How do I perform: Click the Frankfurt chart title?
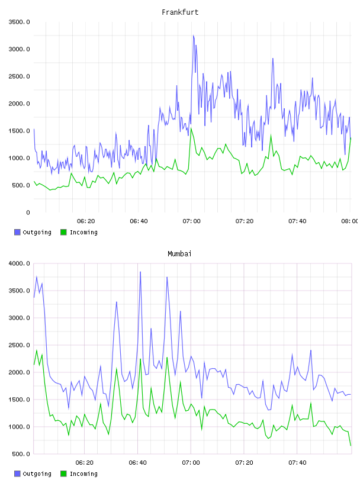point(180,12)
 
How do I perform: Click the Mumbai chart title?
point(179,254)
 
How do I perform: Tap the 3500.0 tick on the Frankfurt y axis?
point(19,22)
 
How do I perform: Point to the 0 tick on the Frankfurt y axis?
point(28,212)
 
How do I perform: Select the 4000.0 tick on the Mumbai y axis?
point(19,263)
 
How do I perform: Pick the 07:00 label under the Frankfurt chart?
point(191,221)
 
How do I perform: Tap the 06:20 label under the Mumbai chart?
point(85,463)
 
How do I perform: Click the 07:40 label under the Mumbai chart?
point(297,463)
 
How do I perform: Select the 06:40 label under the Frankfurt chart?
point(139,221)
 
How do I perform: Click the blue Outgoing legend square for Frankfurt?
point(17,232)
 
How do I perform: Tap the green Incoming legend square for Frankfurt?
point(63,232)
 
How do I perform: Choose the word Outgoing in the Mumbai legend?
point(37,474)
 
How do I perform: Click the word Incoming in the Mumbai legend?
point(83,474)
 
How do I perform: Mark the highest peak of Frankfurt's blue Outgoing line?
point(194,36)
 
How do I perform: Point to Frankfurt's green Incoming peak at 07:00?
point(191,128)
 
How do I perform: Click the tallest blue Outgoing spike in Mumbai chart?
point(140,272)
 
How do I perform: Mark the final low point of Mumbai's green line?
point(351,446)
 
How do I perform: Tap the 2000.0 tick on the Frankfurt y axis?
point(19,104)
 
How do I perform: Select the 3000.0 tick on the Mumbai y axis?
point(19,318)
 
